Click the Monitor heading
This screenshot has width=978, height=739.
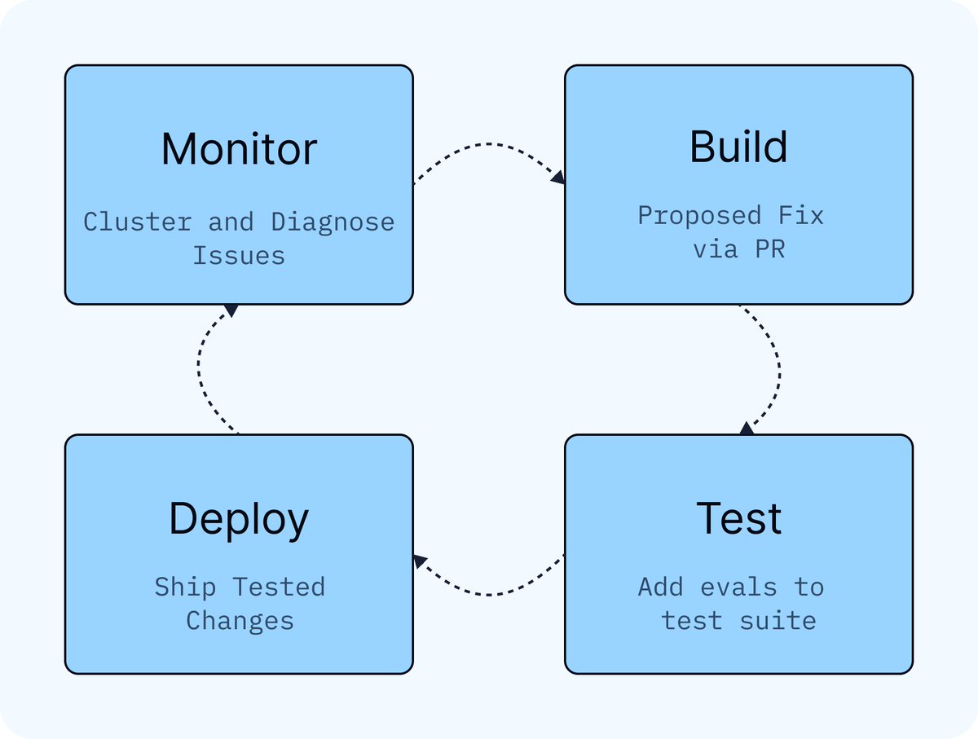(x=240, y=149)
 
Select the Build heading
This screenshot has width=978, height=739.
(x=738, y=147)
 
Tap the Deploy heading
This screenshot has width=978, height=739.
(x=239, y=519)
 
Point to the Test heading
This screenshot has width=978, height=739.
(x=738, y=518)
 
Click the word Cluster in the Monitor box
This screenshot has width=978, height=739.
(x=138, y=222)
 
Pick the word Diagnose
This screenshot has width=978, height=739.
(x=333, y=222)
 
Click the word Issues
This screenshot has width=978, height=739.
(x=239, y=255)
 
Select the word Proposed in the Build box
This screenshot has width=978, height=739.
(x=699, y=216)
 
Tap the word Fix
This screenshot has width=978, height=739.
(x=800, y=215)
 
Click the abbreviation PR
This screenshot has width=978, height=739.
(x=770, y=249)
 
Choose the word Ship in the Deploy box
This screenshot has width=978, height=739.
(x=185, y=587)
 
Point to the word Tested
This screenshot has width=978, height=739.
(x=279, y=587)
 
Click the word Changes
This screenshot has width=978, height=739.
(x=240, y=621)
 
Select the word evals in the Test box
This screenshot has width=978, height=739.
(x=738, y=587)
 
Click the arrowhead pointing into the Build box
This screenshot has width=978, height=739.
(x=558, y=178)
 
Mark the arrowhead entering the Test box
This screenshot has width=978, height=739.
(x=747, y=429)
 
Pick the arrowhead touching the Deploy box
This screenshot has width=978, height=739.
(x=420, y=561)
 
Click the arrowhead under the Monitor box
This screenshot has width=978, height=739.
(x=231, y=310)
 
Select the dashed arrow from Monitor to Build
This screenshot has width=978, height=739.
(x=489, y=144)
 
